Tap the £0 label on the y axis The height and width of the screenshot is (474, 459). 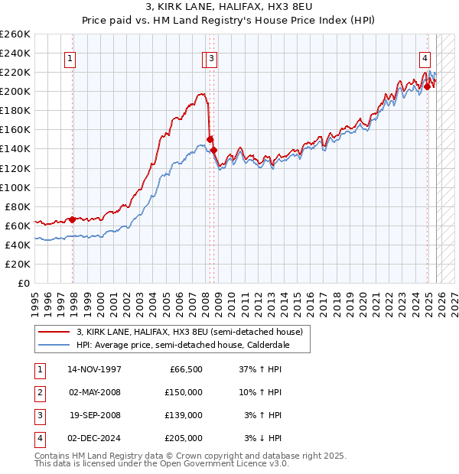tap(24, 283)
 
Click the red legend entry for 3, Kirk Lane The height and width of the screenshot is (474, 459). tap(190, 332)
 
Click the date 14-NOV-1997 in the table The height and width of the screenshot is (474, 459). tap(95, 369)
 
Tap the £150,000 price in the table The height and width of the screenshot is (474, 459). tap(184, 392)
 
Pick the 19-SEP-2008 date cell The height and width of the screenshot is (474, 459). tap(95, 415)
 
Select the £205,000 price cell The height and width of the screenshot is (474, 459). tap(184, 438)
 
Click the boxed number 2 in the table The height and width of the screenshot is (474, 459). tap(39, 392)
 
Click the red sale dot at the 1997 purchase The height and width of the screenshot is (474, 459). tap(73, 219)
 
